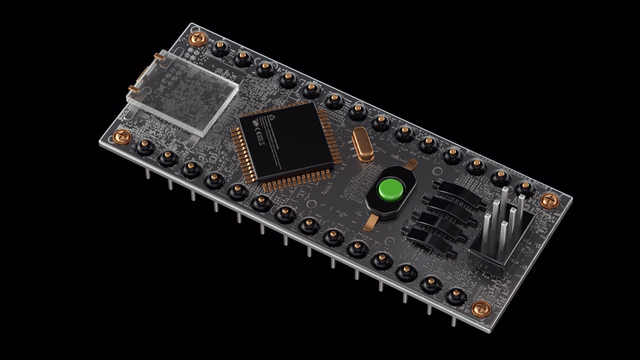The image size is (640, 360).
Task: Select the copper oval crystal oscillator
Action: tap(362, 144)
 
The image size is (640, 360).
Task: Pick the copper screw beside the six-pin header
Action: tap(549, 201)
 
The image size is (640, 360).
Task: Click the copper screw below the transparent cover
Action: tap(123, 136)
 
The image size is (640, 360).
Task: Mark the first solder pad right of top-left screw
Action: tap(220, 48)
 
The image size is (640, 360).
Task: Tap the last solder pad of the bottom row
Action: tap(456, 296)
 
